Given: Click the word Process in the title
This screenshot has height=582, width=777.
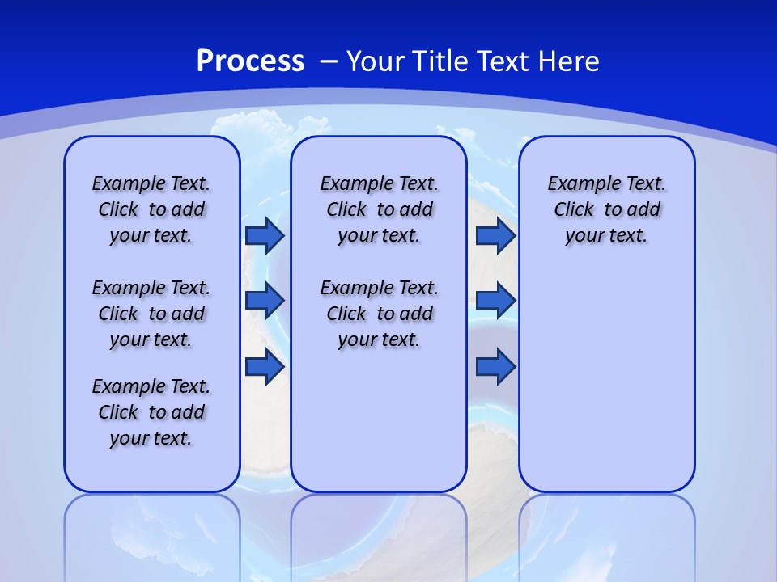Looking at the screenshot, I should tap(250, 61).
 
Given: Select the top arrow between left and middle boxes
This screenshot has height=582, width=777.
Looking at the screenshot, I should tap(265, 235).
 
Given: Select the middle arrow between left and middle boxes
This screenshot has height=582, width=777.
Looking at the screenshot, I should tap(265, 301).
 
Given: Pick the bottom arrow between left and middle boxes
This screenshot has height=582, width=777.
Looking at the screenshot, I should tap(265, 366).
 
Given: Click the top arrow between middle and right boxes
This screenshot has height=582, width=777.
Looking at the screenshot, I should tap(495, 235).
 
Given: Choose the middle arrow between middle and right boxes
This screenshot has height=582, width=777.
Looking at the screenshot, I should tap(495, 301).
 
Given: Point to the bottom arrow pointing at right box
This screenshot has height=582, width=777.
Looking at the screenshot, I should tap(495, 366).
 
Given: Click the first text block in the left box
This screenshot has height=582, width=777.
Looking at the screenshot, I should tap(151, 209).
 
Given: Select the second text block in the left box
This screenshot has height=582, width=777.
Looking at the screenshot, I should tap(151, 314).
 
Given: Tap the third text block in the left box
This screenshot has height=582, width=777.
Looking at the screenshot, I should tap(151, 412).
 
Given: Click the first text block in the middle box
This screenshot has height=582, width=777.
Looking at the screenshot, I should tap(379, 209).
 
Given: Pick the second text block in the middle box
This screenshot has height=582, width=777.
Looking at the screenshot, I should tap(379, 314).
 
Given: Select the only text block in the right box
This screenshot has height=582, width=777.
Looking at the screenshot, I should tap(606, 209).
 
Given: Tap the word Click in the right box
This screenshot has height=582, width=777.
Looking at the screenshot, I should tap(574, 209).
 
